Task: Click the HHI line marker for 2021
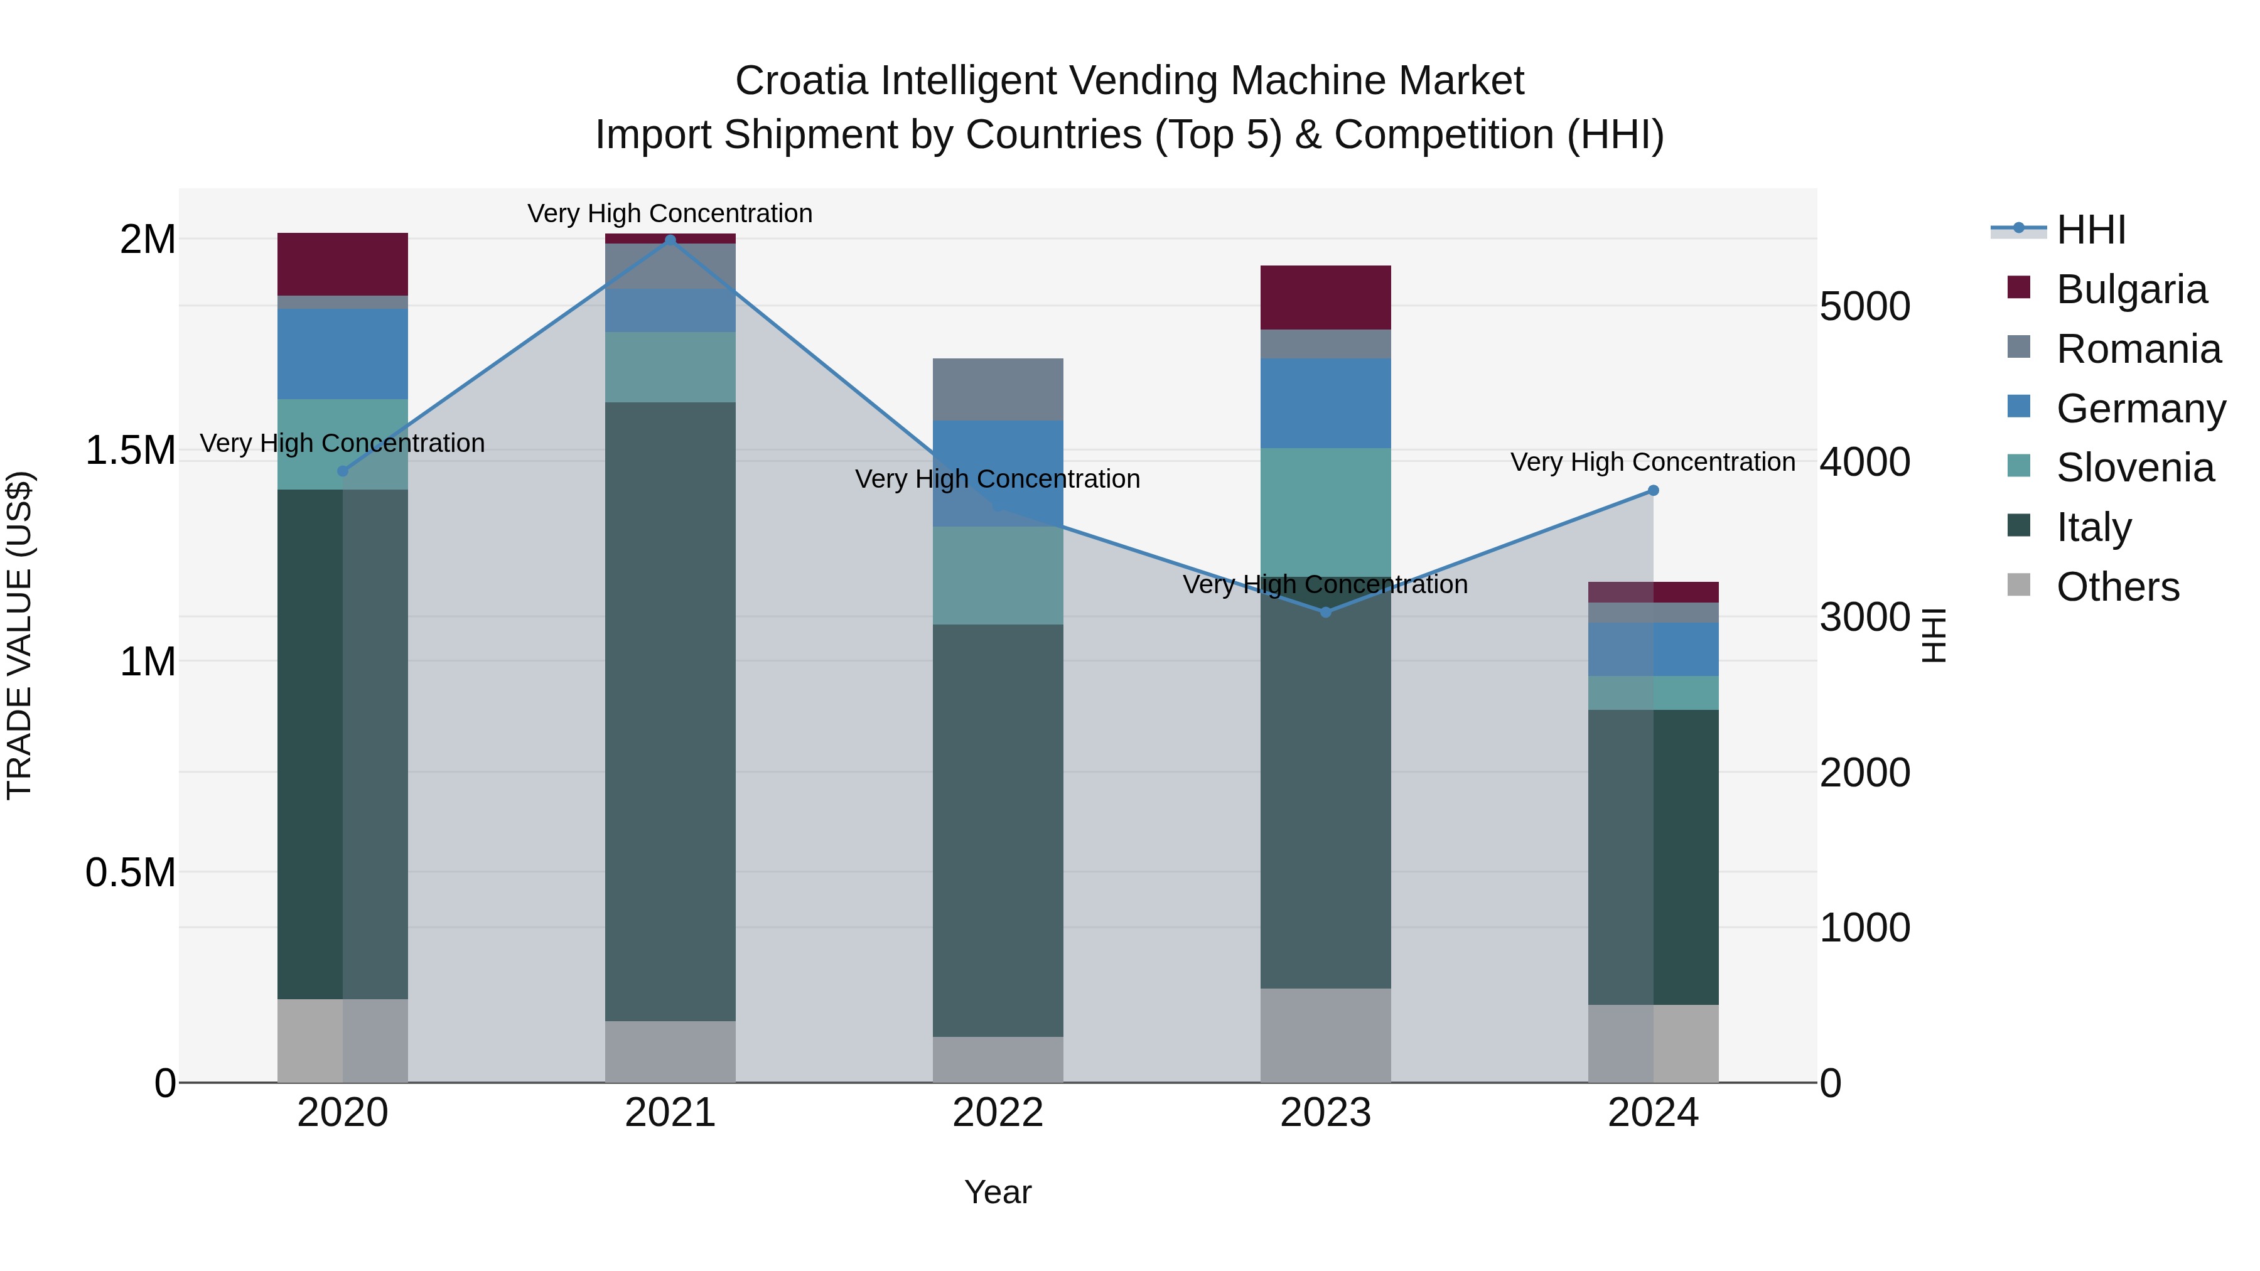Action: [670, 240]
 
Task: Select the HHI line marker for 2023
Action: [1326, 612]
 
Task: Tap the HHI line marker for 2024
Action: [1653, 490]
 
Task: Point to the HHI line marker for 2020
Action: [343, 471]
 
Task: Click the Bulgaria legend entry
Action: [2131, 289]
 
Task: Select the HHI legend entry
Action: [2090, 230]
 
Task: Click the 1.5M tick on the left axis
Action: [130, 451]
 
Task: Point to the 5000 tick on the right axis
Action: [1864, 307]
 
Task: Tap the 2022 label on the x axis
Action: [998, 1113]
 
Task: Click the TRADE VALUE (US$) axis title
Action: [19, 635]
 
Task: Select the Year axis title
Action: [998, 1192]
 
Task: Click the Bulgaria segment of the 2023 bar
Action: [1326, 298]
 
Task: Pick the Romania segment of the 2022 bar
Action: [998, 389]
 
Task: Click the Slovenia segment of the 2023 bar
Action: [1326, 512]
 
